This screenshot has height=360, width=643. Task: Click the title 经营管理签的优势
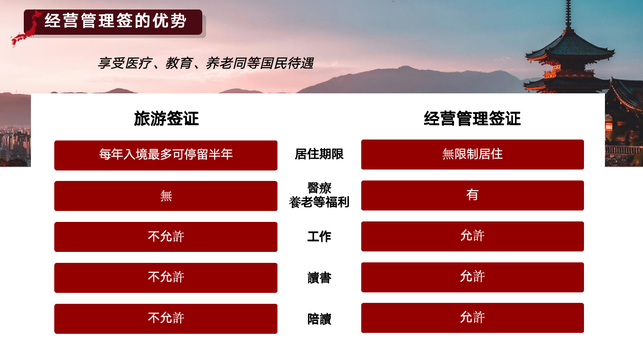[115, 20]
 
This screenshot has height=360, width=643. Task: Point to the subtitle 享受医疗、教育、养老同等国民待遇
[206, 63]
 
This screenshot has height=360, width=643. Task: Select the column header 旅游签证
[166, 119]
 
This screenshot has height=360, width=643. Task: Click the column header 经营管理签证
[472, 119]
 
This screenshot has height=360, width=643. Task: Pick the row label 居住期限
[319, 154]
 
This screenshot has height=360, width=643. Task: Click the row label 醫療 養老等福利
[319, 195]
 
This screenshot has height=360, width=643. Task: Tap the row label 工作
[319, 237]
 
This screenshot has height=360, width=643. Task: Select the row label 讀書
[319, 278]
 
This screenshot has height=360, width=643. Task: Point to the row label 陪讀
[319, 319]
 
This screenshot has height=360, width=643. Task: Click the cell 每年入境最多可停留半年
[166, 155]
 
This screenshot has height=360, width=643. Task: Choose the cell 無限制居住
[473, 155]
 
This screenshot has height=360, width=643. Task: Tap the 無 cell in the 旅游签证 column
[166, 196]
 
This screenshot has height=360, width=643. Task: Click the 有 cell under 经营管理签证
[473, 195]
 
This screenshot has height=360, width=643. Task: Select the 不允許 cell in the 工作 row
[166, 237]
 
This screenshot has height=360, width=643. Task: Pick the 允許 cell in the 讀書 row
[473, 277]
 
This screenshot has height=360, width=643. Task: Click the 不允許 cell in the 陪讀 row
[166, 319]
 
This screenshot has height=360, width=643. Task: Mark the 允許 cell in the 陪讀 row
[473, 318]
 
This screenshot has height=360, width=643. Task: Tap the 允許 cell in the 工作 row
[473, 237]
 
